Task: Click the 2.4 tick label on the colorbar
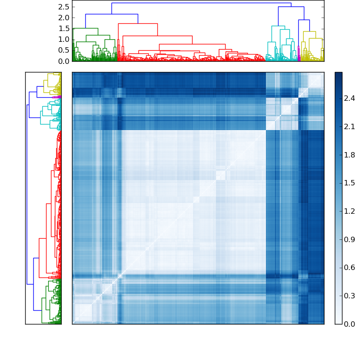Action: pos(350,98)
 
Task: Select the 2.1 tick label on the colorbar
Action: pos(350,126)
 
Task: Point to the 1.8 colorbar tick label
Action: pos(350,155)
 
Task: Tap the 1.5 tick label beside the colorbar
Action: pos(350,183)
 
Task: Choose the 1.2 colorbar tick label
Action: pos(350,211)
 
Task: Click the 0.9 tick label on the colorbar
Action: pos(350,240)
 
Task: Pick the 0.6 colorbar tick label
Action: pos(350,268)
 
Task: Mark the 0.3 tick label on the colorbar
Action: pos(350,296)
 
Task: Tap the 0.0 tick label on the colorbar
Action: pos(350,324)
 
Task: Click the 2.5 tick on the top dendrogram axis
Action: pos(64,7)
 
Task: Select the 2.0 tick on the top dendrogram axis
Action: pos(64,18)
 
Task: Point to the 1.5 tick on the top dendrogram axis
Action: pos(64,28)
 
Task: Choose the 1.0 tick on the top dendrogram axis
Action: pos(64,39)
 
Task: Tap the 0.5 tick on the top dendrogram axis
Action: pos(64,50)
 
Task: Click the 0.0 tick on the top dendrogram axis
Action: pos(64,61)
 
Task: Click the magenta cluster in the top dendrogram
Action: pos(299,52)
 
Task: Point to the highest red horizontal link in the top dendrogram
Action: pos(138,23)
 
